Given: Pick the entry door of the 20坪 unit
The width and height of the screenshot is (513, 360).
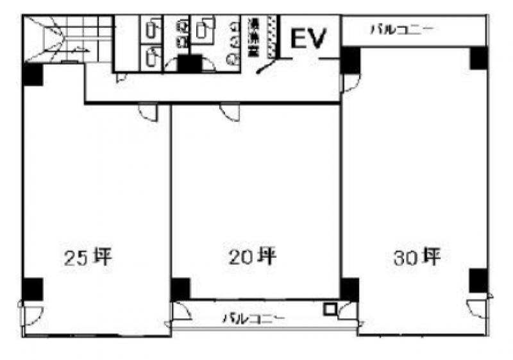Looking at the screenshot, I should [x=230, y=112].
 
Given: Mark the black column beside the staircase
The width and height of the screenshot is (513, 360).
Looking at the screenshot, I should [x=33, y=75].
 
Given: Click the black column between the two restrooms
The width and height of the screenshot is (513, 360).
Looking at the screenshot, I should [x=189, y=64].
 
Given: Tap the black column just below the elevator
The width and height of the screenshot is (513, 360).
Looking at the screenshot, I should [x=350, y=61].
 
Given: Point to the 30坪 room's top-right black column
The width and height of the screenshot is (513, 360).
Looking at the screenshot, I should [x=480, y=58].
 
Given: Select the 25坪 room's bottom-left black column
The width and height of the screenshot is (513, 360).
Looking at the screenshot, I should [x=32, y=289].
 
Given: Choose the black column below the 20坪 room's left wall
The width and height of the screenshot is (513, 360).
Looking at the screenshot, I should [x=180, y=289].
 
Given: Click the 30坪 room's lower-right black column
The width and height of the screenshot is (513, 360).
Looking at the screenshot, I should [x=478, y=280].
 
